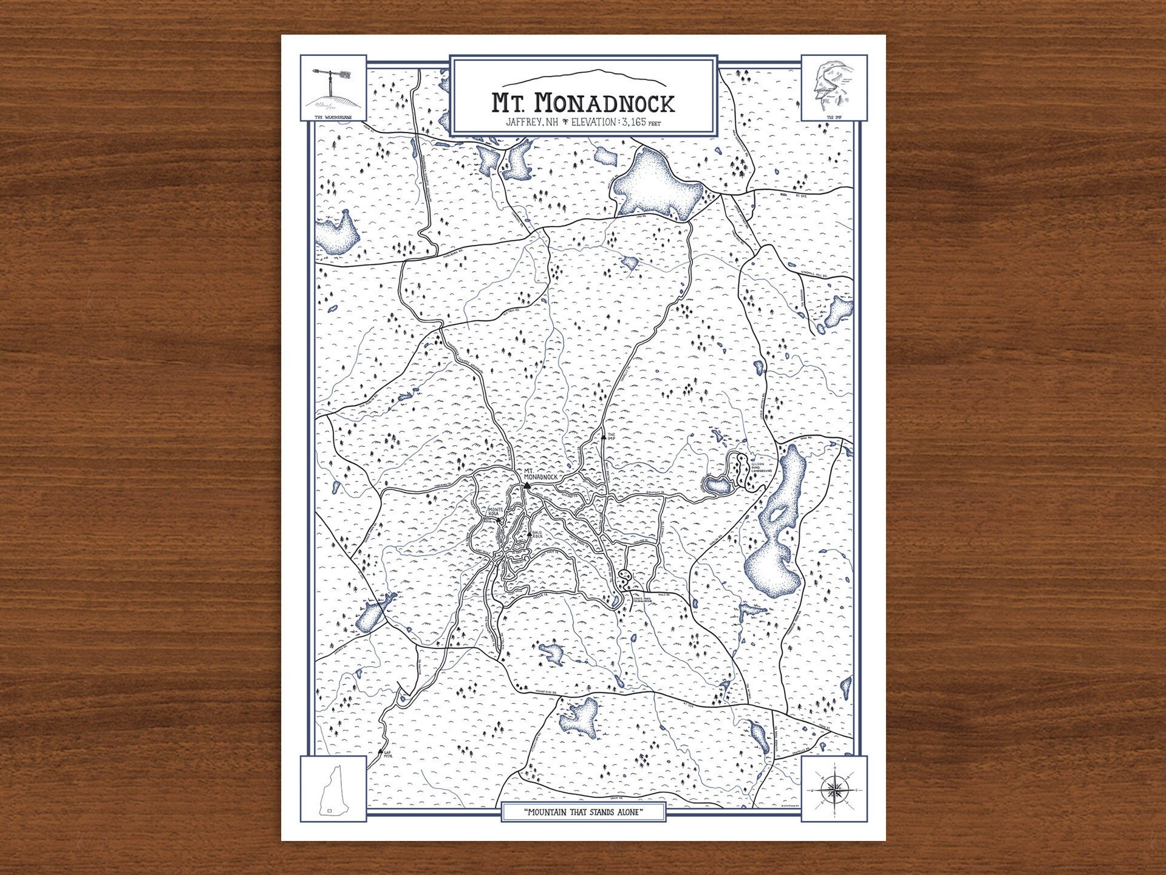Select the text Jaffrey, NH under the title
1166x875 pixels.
[x=531, y=123]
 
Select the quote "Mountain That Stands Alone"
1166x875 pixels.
[x=583, y=812]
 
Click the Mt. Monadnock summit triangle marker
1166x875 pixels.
[x=527, y=485]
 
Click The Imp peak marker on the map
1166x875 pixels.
[x=603, y=436]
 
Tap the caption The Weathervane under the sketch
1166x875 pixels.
[x=333, y=117]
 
